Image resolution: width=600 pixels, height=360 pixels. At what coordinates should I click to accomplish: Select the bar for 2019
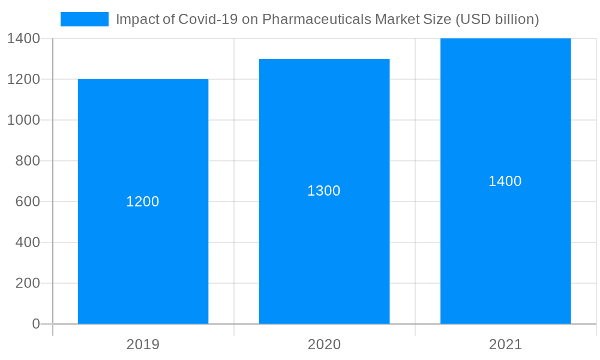(143, 258)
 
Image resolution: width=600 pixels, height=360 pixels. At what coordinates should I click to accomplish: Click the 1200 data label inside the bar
(143, 202)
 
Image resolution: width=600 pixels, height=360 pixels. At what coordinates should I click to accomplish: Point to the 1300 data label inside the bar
(324, 191)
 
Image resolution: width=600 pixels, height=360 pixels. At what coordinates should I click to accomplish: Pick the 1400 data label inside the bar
(505, 181)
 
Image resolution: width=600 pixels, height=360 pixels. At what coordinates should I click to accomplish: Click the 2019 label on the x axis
(143, 344)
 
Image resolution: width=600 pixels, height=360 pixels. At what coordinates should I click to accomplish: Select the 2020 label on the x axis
(324, 344)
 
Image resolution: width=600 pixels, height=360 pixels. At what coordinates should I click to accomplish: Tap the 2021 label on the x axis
(505, 344)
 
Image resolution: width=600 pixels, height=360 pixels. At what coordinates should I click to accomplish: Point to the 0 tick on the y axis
(35, 324)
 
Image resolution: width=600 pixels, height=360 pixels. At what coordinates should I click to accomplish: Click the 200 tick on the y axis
(28, 283)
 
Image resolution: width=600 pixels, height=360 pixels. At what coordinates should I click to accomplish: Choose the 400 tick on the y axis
(28, 242)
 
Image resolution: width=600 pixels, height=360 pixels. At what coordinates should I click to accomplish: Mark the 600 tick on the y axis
(28, 202)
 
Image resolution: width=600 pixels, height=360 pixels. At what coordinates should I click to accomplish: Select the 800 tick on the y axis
(28, 161)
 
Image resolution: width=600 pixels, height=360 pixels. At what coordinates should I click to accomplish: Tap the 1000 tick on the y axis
(24, 120)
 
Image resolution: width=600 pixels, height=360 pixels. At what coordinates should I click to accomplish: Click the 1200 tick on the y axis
(24, 79)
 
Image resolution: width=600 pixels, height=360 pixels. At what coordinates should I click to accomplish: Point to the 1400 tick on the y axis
(24, 38)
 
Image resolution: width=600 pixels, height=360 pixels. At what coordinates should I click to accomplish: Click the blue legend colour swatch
(85, 19)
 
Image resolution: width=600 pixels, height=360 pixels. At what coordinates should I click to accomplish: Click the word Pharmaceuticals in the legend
(317, 19)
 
